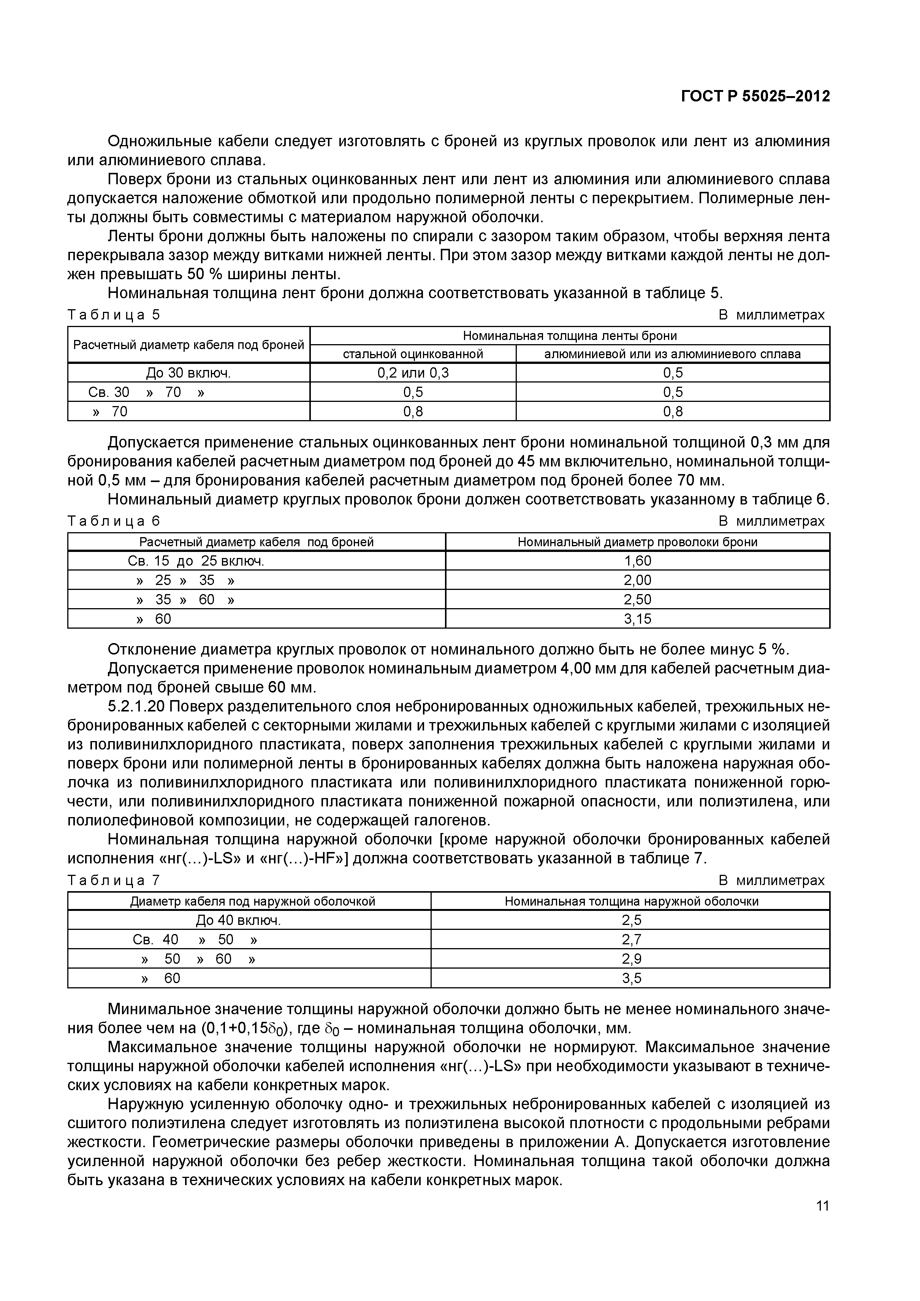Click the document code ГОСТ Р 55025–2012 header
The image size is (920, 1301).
coord(754,96)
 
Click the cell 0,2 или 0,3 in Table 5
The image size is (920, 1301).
coord(413,373)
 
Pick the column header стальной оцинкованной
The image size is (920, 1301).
coord(413,354)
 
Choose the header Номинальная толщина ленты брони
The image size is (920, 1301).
coord(570,335)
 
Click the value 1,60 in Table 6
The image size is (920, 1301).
coord(638,561)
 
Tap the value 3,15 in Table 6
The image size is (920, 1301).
coord(638,619)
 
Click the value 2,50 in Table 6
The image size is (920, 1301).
coord(638,599)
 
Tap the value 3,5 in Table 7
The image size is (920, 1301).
coord(632,978)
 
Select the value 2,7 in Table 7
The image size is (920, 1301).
coord(632,939)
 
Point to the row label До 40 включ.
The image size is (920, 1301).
coord(238,920)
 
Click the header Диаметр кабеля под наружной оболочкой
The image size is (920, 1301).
coord(253,901)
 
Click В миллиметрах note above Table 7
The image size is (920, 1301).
coord(771,881)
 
